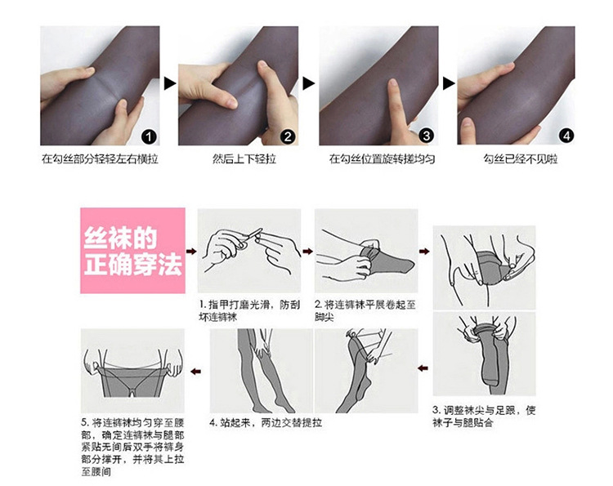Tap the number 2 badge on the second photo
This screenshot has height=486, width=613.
[288, 135]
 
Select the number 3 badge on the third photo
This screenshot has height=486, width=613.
[426, 135]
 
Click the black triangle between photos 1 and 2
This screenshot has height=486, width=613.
[170, 83]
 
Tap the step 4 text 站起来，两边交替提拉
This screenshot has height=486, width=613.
[266, 423]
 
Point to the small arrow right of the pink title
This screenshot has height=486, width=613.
[191, 252]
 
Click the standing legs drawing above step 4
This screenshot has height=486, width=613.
[258, 372]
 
